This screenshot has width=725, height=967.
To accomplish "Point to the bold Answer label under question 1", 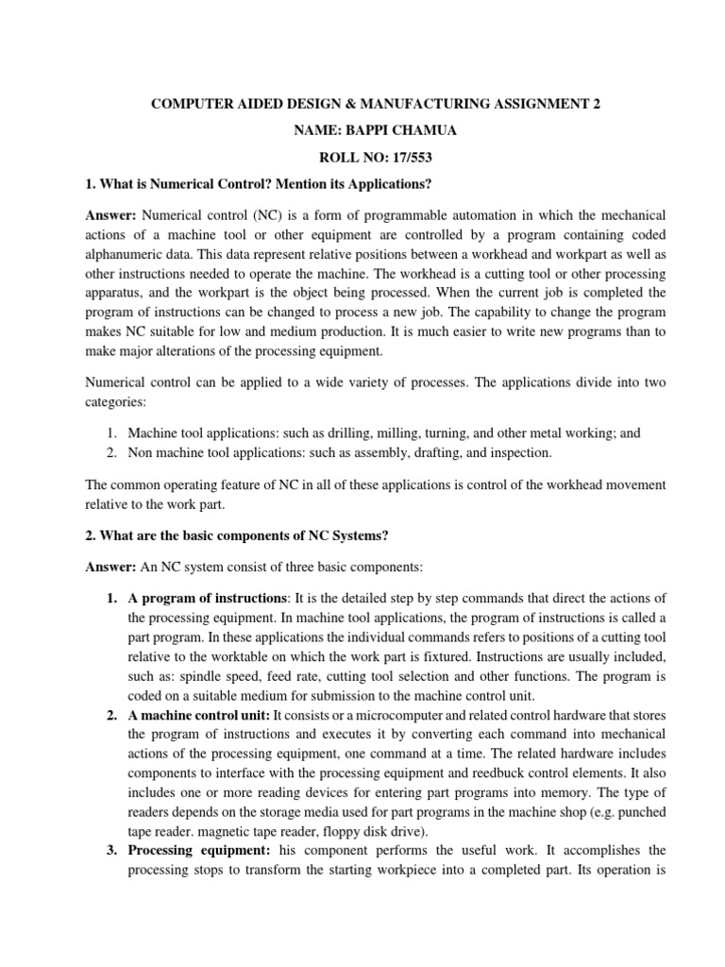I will click(111, 215).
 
